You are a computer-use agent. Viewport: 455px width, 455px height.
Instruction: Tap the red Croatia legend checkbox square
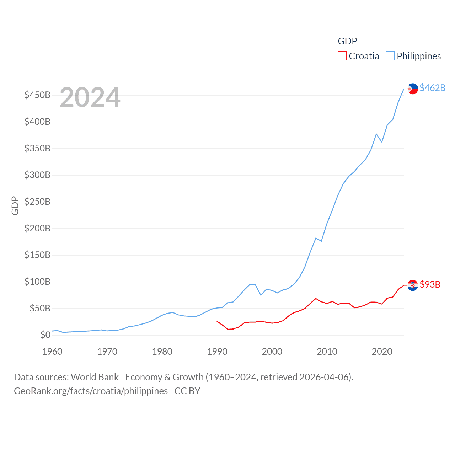[342, 56]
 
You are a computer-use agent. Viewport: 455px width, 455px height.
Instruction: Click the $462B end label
[432, 88]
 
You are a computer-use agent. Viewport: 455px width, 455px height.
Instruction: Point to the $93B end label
[430, 284]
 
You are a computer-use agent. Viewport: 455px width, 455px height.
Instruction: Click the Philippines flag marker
[413, 89]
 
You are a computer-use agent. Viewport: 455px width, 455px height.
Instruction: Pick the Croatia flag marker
[413, 285]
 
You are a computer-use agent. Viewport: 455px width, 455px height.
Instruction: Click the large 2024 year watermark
[90, 97]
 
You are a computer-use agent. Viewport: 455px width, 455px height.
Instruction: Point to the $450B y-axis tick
[37, 95]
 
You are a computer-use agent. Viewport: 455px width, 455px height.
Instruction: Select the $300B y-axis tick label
[37, 175]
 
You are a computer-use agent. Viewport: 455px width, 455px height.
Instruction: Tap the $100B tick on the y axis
[37, 282]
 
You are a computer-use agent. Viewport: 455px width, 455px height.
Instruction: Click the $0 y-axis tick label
[45, 335]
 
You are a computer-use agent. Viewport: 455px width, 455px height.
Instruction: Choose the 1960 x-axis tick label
[52, 352]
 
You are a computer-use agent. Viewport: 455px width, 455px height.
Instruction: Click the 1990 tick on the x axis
[217, 352]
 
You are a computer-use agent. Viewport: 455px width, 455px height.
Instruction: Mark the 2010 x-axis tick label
[327, 352]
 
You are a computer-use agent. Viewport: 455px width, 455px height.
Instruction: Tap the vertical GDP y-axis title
[15, 205]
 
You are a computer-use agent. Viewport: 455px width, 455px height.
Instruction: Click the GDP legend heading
[347, 41]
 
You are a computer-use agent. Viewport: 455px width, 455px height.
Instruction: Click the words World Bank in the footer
[95, 377]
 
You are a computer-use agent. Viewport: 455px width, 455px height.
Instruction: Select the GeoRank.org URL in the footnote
[91, 391]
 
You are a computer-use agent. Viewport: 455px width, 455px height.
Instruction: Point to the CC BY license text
[187, 391]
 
